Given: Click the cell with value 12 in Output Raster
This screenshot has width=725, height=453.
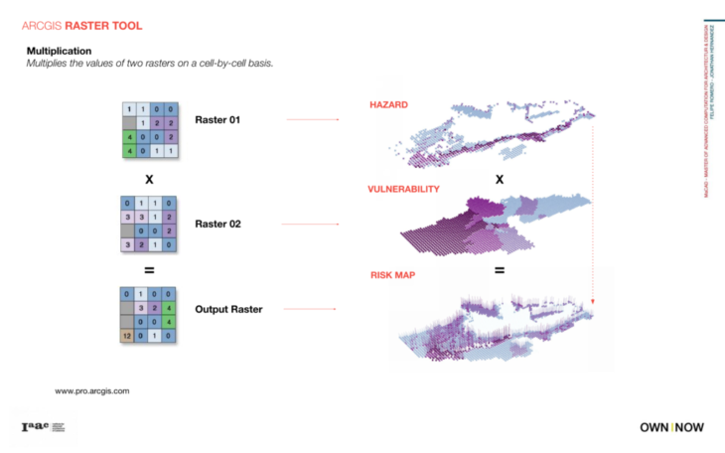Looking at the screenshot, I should click(x=127, y=336).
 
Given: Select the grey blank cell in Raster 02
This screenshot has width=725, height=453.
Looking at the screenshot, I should click(x=127, y=230).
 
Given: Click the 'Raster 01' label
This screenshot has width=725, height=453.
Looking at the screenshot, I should click(x=218, y=121).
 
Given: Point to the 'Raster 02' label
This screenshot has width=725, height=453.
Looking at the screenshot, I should click(x=218, y=225).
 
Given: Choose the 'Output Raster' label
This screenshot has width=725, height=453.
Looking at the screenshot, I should click(x=228, y=310).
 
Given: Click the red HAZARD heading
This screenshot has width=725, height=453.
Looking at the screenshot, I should click(x=388, y=103).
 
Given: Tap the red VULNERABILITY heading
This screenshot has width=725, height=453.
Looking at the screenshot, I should click(x=403, y=188).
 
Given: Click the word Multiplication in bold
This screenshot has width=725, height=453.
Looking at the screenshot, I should click(x=59, y=51).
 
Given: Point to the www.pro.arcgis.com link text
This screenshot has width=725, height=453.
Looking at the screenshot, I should click(x=92, y=391).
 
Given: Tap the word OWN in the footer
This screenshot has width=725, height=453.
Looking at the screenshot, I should click(x=653, y=427).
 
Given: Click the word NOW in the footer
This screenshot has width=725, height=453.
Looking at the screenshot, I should click(x=689, y=427).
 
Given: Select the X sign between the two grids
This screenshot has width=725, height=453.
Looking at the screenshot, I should click(x=149, y=181).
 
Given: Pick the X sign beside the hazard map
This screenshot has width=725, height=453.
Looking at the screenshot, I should click(x=500, y=180).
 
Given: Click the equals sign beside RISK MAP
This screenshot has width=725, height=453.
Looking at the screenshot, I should click(x=500, y=270).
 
